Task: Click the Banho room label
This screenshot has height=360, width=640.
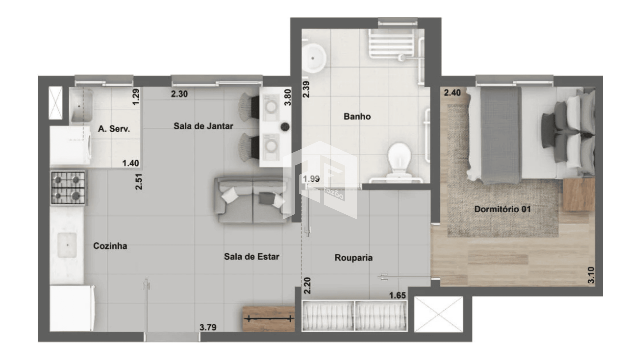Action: (x=357, y=117)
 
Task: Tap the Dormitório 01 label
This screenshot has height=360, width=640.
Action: (x=502, y=209)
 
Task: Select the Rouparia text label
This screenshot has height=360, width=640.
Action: (x=353, y=258)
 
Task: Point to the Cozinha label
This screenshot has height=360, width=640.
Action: (x=110, y=246)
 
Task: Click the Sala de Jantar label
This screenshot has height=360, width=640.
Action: (x=203, y=126)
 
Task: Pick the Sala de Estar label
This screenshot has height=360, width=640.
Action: (x=252, y=257)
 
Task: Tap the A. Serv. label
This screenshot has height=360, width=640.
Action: (x=114, y=129)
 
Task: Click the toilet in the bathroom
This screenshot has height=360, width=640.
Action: (x=399, y=160)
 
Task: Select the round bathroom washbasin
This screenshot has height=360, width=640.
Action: (x=313, y=58)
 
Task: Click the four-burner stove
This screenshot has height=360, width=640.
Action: (x=68, y=188)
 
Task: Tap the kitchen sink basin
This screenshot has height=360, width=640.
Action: (x=67, y=245)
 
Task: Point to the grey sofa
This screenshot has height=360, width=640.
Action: (x=252, y=200)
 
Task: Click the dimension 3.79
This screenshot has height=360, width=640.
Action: (x=208, y=327)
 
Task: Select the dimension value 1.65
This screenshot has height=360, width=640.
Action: (x=398, y=296)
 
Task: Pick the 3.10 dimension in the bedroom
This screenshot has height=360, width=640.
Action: (x=591, y=275)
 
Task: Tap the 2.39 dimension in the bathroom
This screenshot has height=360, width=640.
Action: (x=306, y=89)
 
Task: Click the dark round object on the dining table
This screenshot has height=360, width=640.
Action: (x=285, y=127)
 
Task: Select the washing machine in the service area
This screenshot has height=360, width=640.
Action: (x=71, y=145)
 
